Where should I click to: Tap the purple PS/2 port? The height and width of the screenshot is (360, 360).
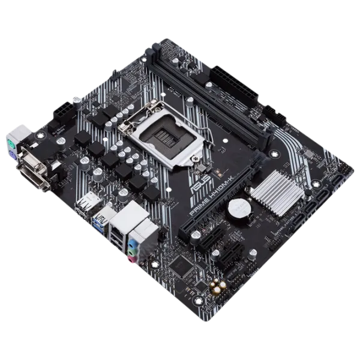pos(23,154)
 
